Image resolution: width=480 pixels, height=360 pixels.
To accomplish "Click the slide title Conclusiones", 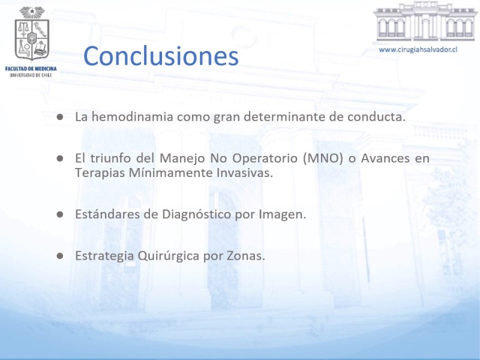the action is tap(161, 56).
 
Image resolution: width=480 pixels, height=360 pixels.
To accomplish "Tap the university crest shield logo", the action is tap(32, 34).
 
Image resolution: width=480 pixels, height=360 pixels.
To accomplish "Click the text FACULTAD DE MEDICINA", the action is tap(31, 68).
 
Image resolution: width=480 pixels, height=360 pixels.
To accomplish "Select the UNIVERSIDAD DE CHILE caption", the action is tap(31, 75).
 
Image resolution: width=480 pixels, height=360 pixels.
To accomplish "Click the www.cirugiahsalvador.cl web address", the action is tap(418, 50).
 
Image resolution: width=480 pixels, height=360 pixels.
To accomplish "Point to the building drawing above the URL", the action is tap(425, 22).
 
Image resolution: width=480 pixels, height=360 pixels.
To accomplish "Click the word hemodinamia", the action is tap(133, 116).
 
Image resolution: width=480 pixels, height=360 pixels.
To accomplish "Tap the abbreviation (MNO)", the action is tap(323, 158).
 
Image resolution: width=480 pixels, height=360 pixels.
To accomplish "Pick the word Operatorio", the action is tap(265, 158).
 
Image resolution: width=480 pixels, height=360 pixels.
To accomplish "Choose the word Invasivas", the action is tap(245, 173).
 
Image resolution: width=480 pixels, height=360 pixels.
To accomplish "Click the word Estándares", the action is tap(107, 214).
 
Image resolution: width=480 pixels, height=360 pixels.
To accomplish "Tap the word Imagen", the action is tap(282, 215).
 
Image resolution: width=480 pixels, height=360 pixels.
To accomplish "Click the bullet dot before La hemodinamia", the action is tap(59, 117).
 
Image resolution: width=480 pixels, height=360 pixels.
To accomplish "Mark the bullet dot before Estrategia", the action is tap(59, 256).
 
